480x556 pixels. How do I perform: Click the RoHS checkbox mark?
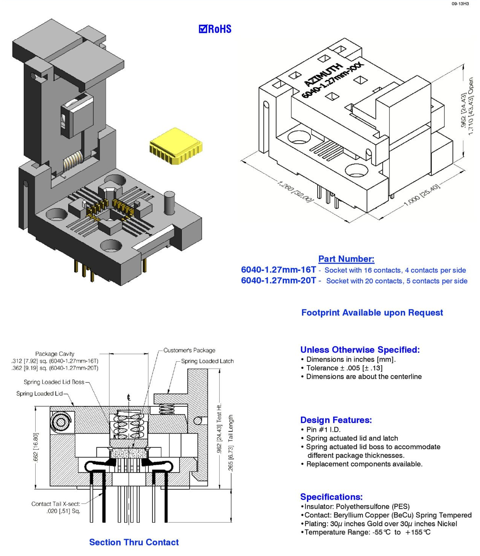tap(203, 29)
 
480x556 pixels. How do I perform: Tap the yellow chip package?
tap(176, 146)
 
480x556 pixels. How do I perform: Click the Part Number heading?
tap(346, 259)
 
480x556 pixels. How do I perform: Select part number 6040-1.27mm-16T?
tap(278, 270)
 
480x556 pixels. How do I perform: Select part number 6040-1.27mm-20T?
tap(278, 280)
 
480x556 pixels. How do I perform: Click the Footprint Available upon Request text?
tap(372, 312)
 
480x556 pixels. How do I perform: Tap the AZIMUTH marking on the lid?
tap(323, 75)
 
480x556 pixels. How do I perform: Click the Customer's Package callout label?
tap(189, 350)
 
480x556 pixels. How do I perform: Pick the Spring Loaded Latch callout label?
tap(207, 361)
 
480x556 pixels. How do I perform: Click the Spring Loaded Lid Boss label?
tap(54, 382)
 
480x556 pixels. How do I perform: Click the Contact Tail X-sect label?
tap(56, 504)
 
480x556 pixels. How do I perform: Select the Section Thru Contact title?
tap(134, 542)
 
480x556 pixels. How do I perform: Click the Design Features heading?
tap(336, 420)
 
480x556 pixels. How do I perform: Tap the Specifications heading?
tap(331, 497)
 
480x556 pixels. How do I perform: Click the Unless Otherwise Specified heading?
tap(360, 350)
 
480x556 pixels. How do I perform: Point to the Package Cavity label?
tap(55, 354)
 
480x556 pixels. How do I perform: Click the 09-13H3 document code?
tap(460, 4)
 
